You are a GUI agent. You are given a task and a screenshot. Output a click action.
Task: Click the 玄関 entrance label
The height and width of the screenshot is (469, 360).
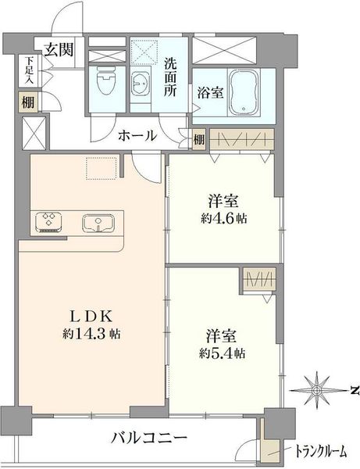pyautogui.click(x=59, y=50)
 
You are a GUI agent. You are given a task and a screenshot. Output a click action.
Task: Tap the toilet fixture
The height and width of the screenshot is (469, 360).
pyautogui.click(x=106, y=81)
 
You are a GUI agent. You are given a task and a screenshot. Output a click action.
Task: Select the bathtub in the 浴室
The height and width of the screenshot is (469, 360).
pyautogui.click(x=244, y=92)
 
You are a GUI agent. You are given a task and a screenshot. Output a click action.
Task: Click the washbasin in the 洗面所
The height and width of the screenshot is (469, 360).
pyautogui.click(x=141, y=84)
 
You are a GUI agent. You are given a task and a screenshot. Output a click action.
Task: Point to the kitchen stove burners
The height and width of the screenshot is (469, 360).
pyautogui.click(x=48, y=222)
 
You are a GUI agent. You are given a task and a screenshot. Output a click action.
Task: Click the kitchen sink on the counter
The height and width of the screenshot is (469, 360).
pyautogui.click(x=98, y=223)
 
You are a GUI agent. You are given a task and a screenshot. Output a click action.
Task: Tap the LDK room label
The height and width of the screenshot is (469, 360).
pyautogui.click(x=91, y=317)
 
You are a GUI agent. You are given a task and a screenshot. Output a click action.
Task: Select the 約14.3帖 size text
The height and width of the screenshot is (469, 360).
pyautogui.click(x=91, y=333)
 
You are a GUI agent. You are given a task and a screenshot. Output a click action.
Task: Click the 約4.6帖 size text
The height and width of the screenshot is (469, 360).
pyautogui.click(x=224, y=218)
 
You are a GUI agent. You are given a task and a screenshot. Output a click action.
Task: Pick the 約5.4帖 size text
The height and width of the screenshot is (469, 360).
pyautogui.click(x=223, y=353)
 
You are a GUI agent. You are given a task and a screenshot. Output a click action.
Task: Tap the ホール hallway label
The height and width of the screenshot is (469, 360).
pyautogui.click(x=137, y=136)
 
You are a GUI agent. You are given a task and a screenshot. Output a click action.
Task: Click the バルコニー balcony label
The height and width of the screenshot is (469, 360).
pyautogui.click(x=149, y=439)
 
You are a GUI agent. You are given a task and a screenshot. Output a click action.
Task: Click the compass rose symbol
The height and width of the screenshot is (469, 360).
pyautogui.click(x=316, y=390)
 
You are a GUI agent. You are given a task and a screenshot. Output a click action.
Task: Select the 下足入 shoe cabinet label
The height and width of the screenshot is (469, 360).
pyautogui.click(x=29, y=70)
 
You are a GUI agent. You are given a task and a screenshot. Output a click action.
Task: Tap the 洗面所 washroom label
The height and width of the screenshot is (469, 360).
pyautogui.click(x=169, y=77)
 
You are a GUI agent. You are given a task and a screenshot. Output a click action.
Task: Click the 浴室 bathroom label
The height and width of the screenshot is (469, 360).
pyautogui.click(x=210, y=92)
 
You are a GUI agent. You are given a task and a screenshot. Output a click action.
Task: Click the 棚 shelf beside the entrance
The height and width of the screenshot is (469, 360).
pyautogui.click(x=28, y=102)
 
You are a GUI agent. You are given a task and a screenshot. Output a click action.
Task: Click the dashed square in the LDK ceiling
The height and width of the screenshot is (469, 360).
pyautogui.click(x=102, y=168)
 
